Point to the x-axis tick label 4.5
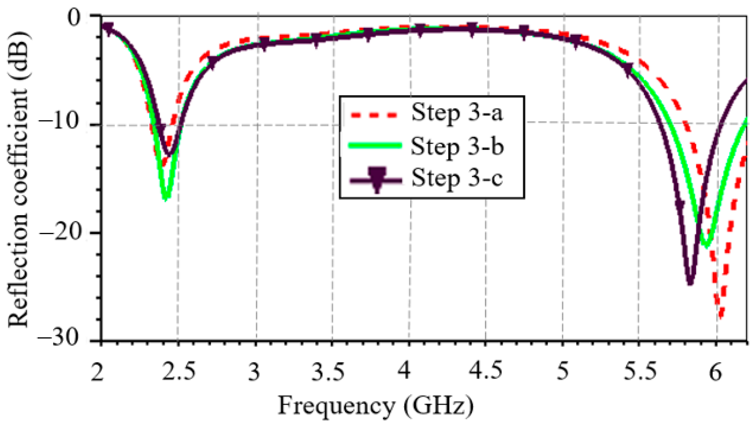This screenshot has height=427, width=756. click(x=485, y=370)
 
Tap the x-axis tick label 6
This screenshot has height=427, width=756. click(x=716, y=372)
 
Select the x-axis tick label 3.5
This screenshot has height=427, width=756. click(x=328, y=371)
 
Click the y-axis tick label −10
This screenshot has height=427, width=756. click(x=59, y=123)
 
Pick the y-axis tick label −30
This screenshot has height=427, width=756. click(x=58, y=338)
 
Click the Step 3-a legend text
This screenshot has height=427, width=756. click(x=457, y=113)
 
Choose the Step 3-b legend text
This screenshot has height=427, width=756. click(x=457, y=147)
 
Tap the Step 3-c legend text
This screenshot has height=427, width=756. click(x=457, y=178)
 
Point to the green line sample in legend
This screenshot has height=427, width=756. click(x=375, y=146)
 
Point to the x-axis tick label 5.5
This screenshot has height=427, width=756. click(x=640, y=371)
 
